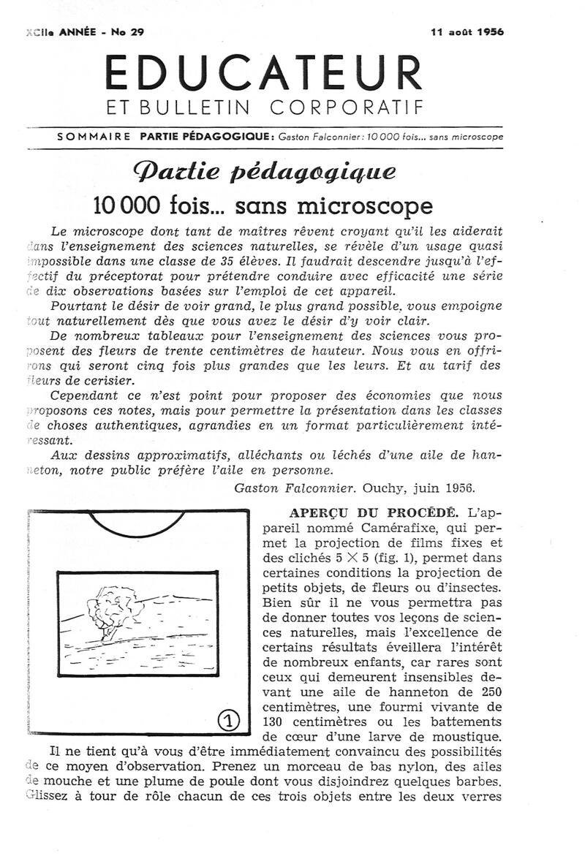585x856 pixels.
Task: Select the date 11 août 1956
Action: [x=467, y=31]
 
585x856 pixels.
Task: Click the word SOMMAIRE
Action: [x=94, y=136]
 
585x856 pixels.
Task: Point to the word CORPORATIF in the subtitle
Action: [x=347, y=108]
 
